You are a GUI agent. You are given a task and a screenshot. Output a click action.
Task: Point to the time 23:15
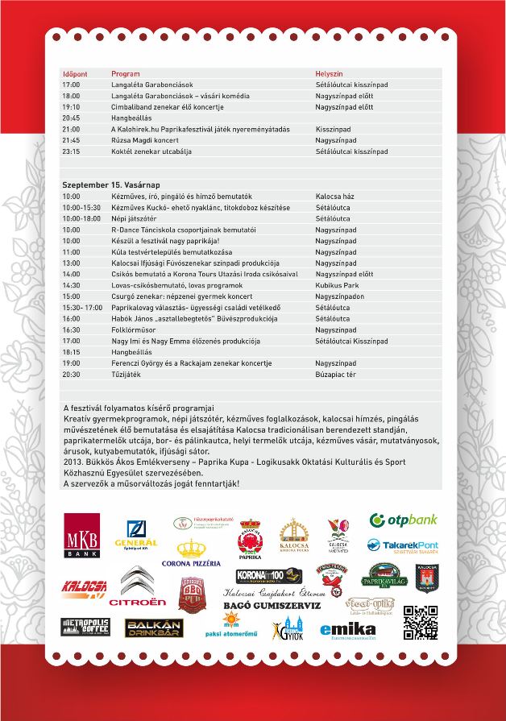pyautogui.click(x=72, y=151)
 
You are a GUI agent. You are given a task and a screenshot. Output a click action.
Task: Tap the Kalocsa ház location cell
pyautogui.click(x=335, y=196)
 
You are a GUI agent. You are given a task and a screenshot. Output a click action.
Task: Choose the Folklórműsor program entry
pyautogui.click(x=132, y=329)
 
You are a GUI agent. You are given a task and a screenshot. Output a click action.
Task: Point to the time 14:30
pyautogui.click(x=72, y=285)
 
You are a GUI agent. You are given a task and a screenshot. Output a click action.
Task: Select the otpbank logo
pyautogui.click(x=403, y=520)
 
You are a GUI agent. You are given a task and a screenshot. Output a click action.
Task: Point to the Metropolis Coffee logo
pyautogui.click(x=84, y=628)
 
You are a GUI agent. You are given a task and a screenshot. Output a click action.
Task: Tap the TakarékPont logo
pyautogui.click(x=403, y=546)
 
